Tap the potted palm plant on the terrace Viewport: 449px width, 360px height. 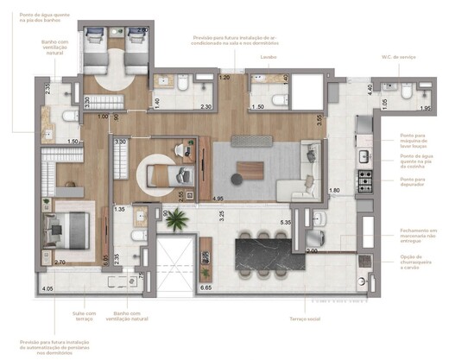click(175, 222)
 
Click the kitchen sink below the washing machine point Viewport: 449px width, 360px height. click(364, 157)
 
